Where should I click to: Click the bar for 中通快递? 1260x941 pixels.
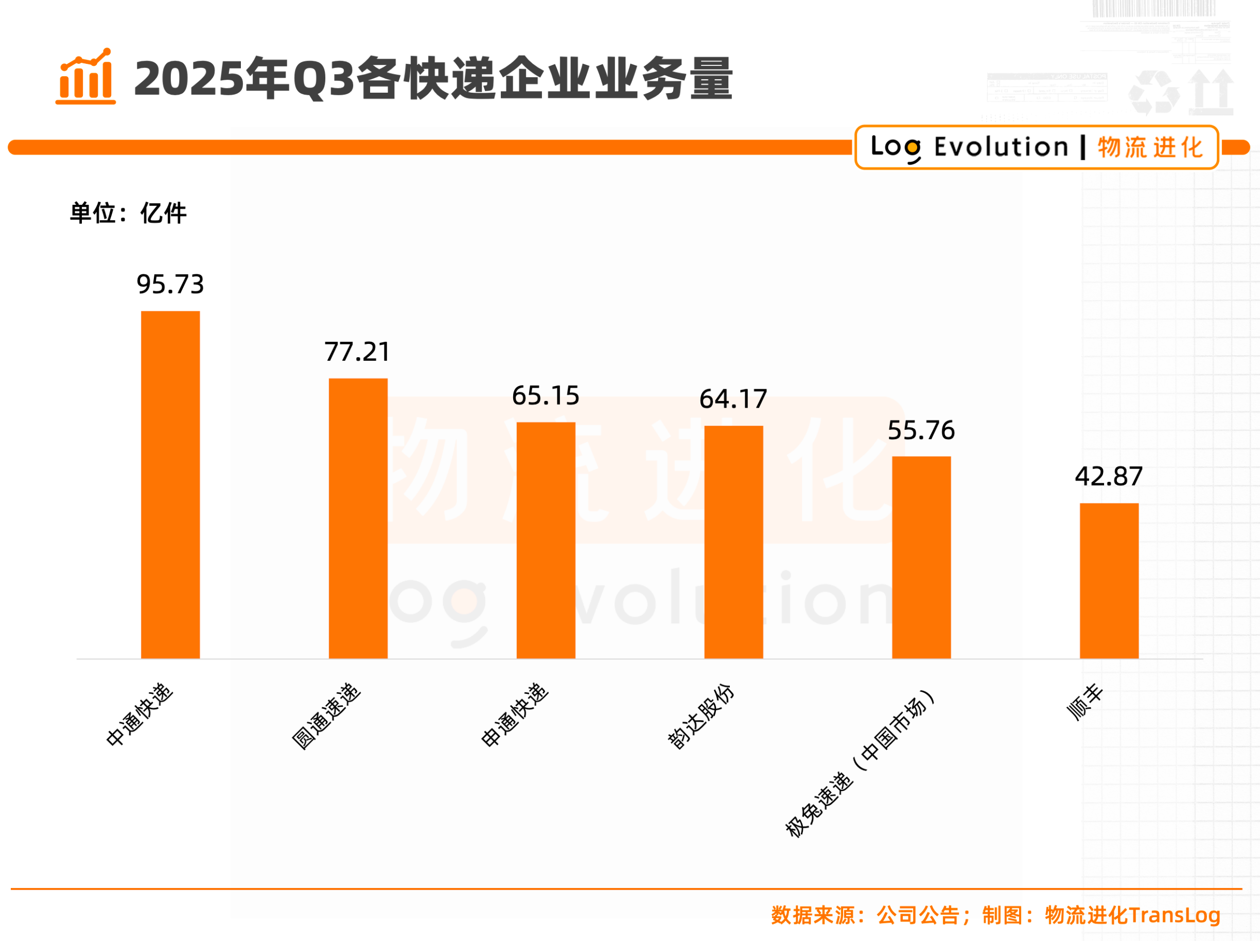[x=170, y=485]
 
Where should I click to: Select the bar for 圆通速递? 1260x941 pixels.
[x=358, y=518]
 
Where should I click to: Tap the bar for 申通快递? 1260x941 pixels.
[x=546, y=540]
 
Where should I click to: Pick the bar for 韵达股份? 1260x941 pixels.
[x=733, y=542]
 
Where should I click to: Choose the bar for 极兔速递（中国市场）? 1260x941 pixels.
[x=921, y=557]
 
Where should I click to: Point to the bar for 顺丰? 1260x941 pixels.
[x=1109, y=581]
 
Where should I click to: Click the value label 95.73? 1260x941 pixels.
[x=170, y=284]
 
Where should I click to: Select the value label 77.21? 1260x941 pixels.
[x=358, y=352]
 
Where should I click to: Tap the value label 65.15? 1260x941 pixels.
[x=546, y=396]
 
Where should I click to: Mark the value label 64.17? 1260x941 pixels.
[x=733, y=399]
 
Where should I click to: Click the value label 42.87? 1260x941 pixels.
[x=1109, y=477]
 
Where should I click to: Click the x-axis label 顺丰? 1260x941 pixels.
[x=1084, y=702]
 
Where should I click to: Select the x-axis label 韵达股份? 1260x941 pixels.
[x=701, y=716]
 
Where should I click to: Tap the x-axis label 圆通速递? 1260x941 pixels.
[x=326, y=716]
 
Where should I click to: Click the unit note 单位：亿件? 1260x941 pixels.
[x=128, y=214]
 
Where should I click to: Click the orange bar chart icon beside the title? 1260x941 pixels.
[x=85, y=76]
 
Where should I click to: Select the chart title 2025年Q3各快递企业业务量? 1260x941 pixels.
[x=433, y=79]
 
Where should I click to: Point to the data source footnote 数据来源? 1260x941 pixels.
[x=995, y=915]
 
